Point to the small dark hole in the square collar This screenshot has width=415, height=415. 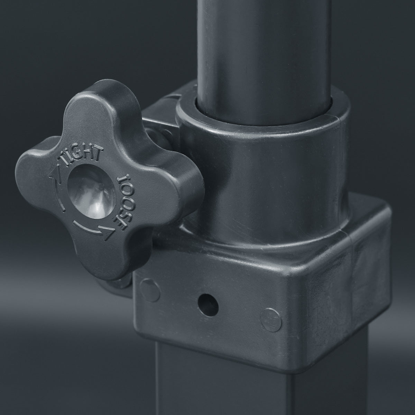(x=208, y=305)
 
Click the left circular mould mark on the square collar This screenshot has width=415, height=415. (x=150, y=290)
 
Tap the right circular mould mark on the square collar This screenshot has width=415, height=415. (x=271, y=320)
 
